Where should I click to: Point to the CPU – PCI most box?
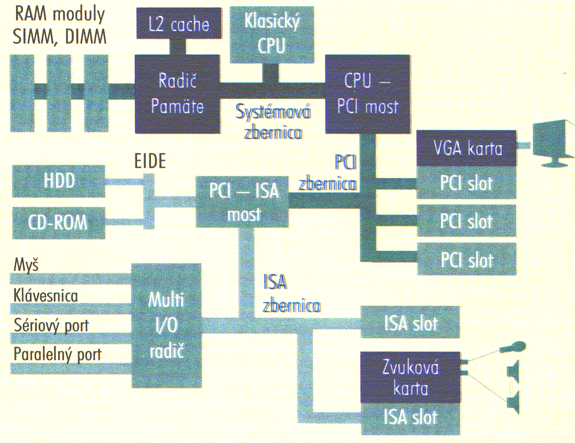tap(367, 93)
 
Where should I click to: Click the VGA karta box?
tap(467, 149)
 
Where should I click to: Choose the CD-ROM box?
tap(58, 222)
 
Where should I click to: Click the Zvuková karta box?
tap(411, 377)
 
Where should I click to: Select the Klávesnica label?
tap(46, 296)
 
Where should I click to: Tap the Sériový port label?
tap(51, 325)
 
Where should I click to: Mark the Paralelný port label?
tap(57, 354)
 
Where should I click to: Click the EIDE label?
tap(150, 161)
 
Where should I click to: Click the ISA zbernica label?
tap(290, 294)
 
